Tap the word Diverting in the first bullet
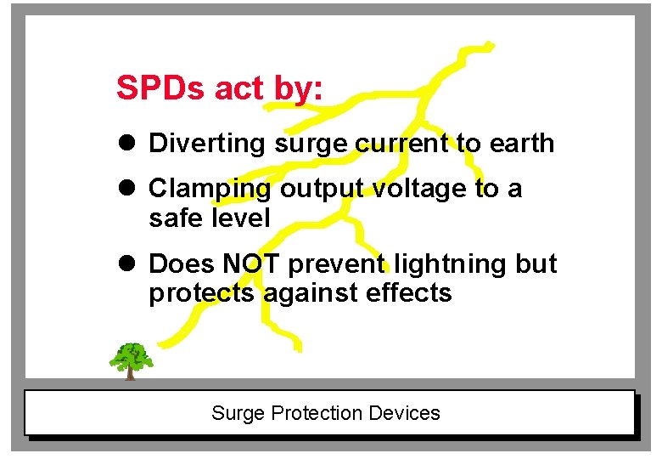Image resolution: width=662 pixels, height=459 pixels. (x=207, y=144)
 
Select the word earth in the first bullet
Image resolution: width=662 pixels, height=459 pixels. (x=521, y=144)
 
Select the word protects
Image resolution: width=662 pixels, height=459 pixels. (x=202, y=293)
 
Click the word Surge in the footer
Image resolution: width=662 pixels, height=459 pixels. (x=238, y=414)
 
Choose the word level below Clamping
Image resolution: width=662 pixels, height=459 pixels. (x=240, y=218)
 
